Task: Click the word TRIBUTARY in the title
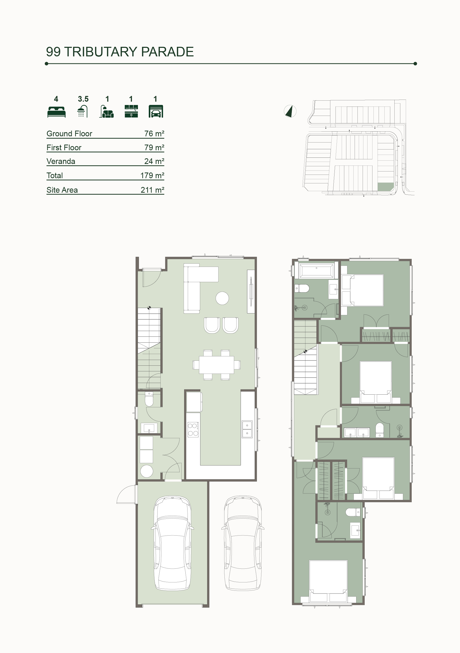tap(101, 52)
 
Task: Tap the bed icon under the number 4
tap(57, 112)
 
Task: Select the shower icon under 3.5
tap(82, 111)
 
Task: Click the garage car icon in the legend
tap(156, 111)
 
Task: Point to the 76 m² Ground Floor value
tap(154, 133)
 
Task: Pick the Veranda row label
tap(61, 161)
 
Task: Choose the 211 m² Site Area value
tap(152, 190)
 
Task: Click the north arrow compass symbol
tap(290, 111)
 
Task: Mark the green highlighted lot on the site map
tap(386, 187)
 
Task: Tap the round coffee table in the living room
tap(222, 298)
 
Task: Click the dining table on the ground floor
tap(216, 365)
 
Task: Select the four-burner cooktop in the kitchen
tap(193, 429)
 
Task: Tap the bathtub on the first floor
tap(316, 270)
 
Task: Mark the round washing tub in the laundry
tap(147, 471)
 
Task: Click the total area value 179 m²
tap(152, 176)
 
